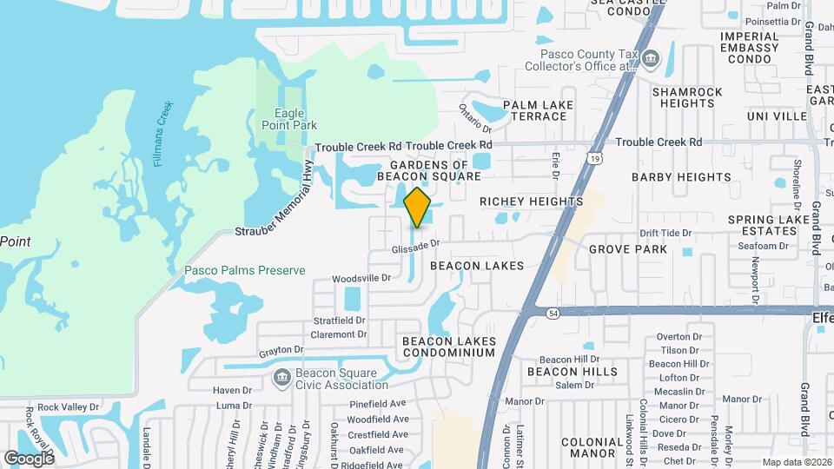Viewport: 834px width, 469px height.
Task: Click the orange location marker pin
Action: tap(418, 207)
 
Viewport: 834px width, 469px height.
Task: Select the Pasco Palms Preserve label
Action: tap(244, 270)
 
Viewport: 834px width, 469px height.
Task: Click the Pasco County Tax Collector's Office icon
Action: tap(652, 60)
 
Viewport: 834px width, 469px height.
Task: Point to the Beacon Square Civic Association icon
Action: tap(281, 378)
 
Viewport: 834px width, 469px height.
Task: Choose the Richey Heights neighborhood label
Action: tap(532, 201)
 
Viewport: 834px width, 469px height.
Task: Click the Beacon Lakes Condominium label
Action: tap(448, 347)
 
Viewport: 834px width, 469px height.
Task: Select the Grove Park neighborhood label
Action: tap(628, 249)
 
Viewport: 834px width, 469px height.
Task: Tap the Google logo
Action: tap(29, 458)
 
